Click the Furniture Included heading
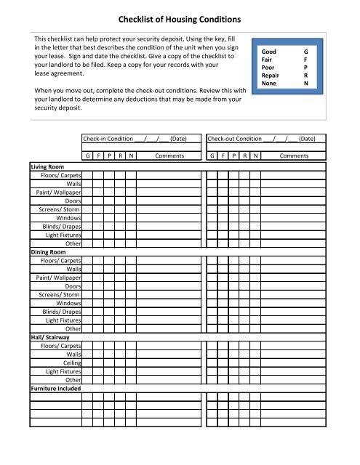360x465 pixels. tap(55, 389)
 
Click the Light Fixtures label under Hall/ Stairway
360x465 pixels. tap(63, 371)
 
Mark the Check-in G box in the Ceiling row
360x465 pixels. tap(87, 363)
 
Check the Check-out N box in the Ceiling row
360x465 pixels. tap(255, 363)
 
